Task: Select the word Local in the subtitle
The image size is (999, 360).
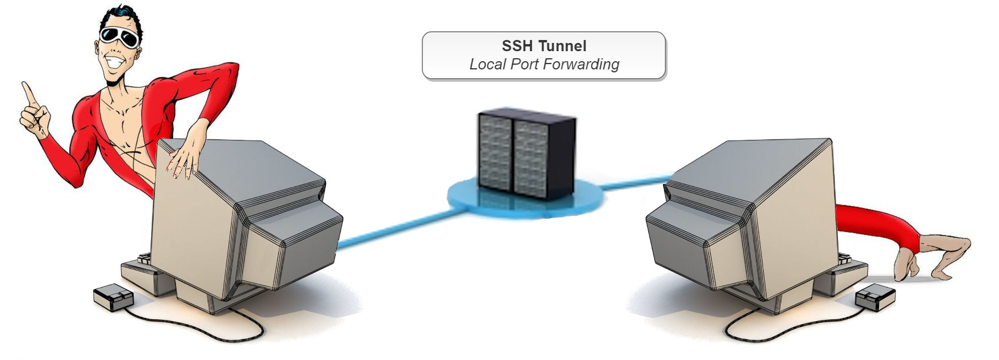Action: point(487,64)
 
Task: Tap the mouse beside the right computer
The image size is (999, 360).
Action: point(875,298)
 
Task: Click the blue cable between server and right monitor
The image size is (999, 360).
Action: point(635,182)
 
